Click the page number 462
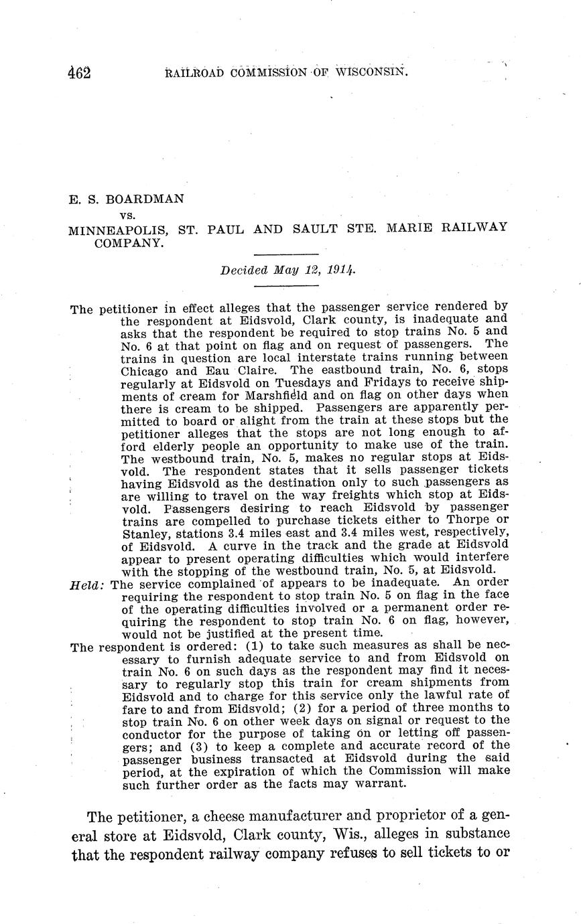point(79,72)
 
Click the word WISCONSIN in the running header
point(371,72)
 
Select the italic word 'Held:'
point(87,584)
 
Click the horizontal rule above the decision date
point(286,254)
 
